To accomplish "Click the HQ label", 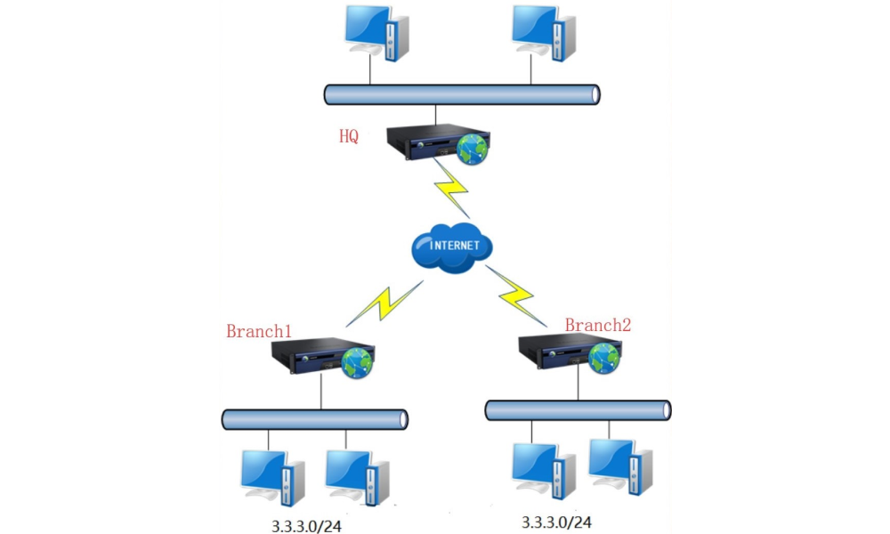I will click(x=349, y=136).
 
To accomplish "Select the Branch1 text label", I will click(x=259, y=331).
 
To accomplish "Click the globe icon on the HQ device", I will click(x=472, y=149).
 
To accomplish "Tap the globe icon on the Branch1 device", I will click(x=359, y=363).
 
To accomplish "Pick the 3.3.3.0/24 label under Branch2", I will click(x=557, y=521).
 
